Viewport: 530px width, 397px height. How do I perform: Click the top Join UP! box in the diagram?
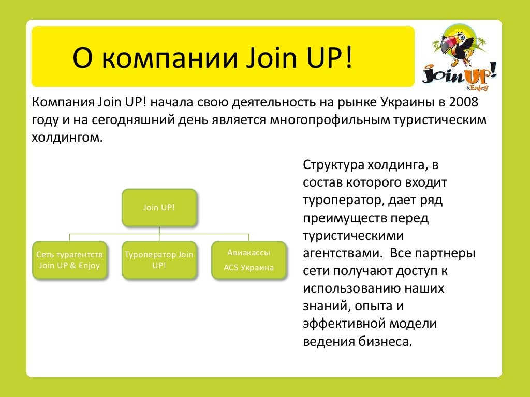point(159,207)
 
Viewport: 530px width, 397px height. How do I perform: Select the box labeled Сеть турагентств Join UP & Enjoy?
point(70,261)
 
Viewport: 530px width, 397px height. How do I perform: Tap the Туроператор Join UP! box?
point(159,261)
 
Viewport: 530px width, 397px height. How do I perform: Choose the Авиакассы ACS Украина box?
point(248,261)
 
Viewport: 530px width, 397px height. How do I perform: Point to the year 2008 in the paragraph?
point(464,101)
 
